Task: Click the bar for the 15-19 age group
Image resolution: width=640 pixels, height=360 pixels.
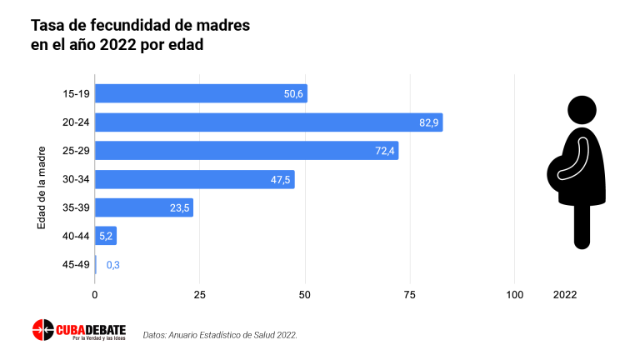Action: click(x=200, y=94)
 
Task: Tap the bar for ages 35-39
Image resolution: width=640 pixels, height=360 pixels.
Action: click(x=143, y=207)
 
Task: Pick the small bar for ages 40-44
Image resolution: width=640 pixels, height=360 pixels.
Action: click(x=106, y=236)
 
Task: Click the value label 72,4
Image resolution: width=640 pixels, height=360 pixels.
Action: click(x=386, y=151)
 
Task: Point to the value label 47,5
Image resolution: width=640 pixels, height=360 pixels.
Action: click(x=282, y=179)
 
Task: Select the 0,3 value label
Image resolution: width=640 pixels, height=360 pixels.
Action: click(x=113, y=265)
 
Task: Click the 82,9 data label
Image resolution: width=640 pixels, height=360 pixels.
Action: click(x=430, y=122)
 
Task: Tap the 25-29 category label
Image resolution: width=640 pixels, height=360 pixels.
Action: click(x=76, y=151)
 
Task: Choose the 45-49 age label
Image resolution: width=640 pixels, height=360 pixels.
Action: click(x=76, y=265)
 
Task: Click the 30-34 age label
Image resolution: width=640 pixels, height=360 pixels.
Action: click(x=76, y=179)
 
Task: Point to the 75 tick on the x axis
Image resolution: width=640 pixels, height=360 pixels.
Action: click(x=410, y=295)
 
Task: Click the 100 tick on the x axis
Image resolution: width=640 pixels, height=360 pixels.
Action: click(x=515, y=295)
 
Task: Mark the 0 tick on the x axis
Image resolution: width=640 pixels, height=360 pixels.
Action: click(x=95, y=295)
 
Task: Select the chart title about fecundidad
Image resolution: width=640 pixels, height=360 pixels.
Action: click(x=141, y=36)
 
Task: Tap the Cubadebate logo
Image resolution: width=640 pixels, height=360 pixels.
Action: click(x=76, y=331)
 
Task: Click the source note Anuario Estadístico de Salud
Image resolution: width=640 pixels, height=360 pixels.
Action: click(x=220, y=333)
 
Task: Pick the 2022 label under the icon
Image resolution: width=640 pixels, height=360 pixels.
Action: click(x=565, y=295)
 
